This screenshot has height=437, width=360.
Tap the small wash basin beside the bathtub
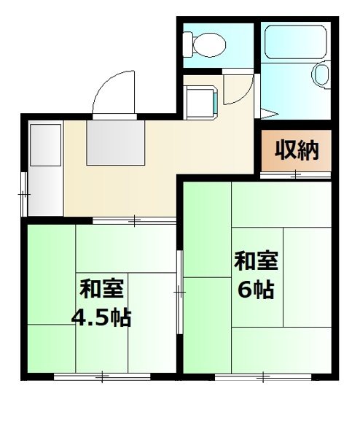pyautogui.click(x=321, y=74)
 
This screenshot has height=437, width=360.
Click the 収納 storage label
pyautogui.click(x=297, y=150)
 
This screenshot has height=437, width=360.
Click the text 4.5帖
pyautogui.click(x=101, y=317)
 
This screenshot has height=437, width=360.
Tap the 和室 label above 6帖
pyautogui.click(x=255, y=261)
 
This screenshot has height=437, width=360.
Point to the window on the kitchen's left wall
pyautogui.click(x=25, y=195)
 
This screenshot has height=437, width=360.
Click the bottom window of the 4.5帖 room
pyautogui.click(x=102, y=377)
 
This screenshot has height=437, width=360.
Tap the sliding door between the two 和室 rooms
pyautogui.click(x=179, y=292)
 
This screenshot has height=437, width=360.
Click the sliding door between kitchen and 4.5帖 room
pyautogui.click(x=136, y=220)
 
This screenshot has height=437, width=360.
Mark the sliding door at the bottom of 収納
pyautogui.click(x=296, y=174)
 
